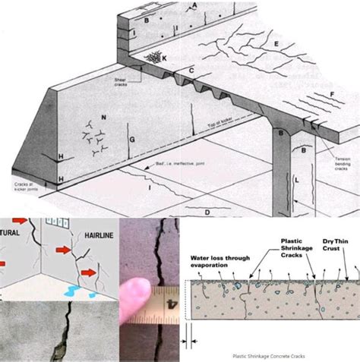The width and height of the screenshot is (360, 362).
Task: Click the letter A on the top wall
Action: tap(195, 6)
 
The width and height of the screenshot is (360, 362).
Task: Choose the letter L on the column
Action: tap(297, 181)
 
